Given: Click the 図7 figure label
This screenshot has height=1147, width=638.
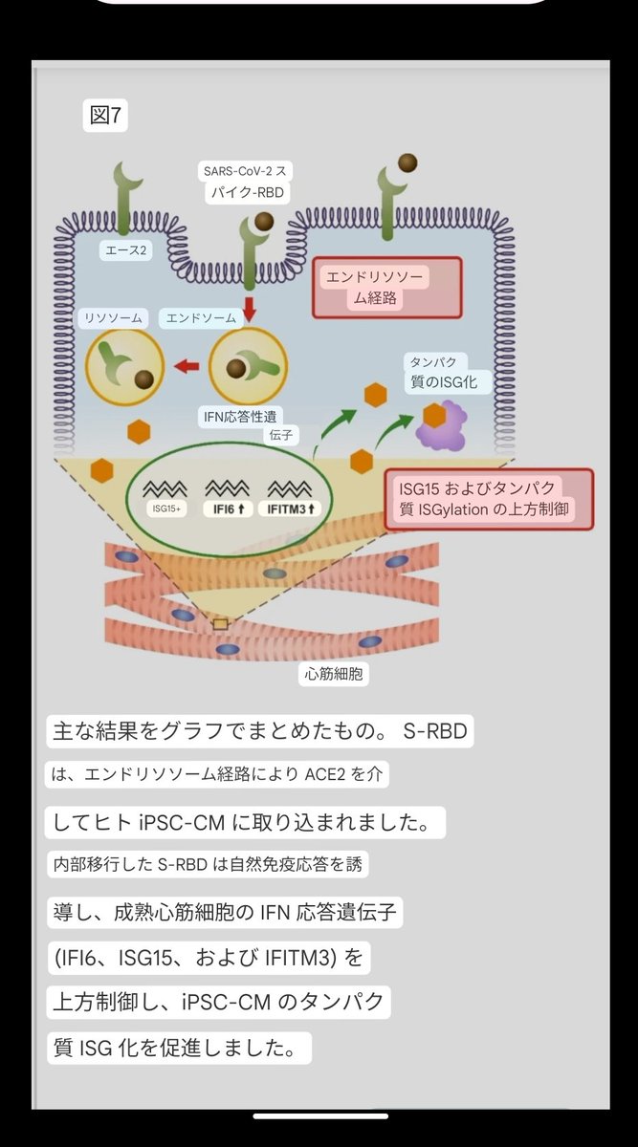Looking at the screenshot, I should tap(105, 117).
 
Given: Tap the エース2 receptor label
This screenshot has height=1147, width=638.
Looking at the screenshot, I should tap(124, 251).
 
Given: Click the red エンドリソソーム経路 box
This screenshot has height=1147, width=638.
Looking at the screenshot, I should tap(387, 287).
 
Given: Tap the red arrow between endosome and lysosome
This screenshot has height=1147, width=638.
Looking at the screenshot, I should tap(187, 365).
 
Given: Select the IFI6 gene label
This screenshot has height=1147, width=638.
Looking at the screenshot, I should tap(227, 509).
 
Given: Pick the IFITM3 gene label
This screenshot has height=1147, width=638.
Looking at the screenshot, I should tap(293, 509).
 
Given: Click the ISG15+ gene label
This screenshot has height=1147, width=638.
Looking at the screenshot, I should tap(165, 509).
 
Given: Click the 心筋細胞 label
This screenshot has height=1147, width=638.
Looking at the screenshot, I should tap(334, 673).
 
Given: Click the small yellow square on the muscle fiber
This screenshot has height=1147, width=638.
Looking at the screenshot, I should tap(220, 623).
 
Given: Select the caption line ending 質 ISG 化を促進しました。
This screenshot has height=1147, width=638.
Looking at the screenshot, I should tap(179, 1048).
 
